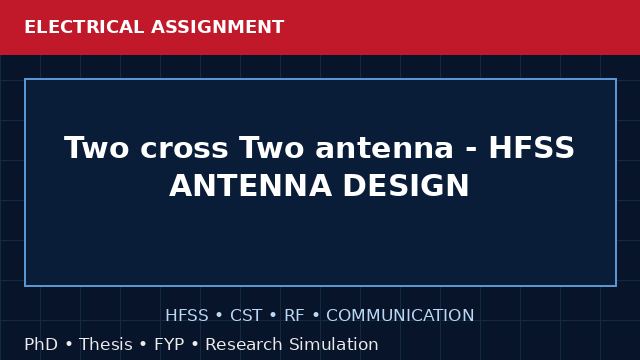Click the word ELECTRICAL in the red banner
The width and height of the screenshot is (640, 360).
(84, 27)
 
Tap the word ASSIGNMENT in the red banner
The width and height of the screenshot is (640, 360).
(218, 27)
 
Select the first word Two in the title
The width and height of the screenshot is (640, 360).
(96, 147)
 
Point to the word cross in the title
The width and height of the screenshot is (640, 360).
(184, 150)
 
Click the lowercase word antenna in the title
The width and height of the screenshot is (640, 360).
(384, 149)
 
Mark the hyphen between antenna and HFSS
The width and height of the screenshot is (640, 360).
(471, 150)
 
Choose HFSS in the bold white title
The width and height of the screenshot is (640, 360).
(531, 147)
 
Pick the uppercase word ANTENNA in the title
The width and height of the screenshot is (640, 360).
(250, 186)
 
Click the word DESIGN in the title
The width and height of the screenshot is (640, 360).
(406, 186)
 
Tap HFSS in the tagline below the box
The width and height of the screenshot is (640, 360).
(187, 316)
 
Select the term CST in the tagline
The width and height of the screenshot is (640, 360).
(246, 316)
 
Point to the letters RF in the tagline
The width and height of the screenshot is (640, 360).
(294, 316)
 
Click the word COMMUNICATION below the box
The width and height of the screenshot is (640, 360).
(400, 316)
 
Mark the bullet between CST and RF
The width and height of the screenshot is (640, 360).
(273, 316)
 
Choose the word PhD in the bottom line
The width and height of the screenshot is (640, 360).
(41, 344)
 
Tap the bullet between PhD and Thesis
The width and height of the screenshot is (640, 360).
(69, 345)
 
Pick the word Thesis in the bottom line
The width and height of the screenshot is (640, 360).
(106, 344)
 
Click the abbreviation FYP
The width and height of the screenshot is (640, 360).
(169, 344)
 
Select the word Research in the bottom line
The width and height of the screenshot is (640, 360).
(243, 344)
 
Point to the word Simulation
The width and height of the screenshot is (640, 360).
(333, 344)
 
